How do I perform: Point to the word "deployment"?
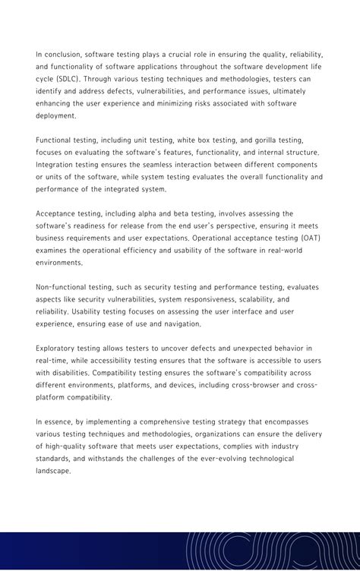(55, 115)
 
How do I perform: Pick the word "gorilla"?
(261, 140)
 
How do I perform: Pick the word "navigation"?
(181, 323)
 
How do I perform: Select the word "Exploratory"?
(58, 348)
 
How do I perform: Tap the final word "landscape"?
(55, 470)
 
